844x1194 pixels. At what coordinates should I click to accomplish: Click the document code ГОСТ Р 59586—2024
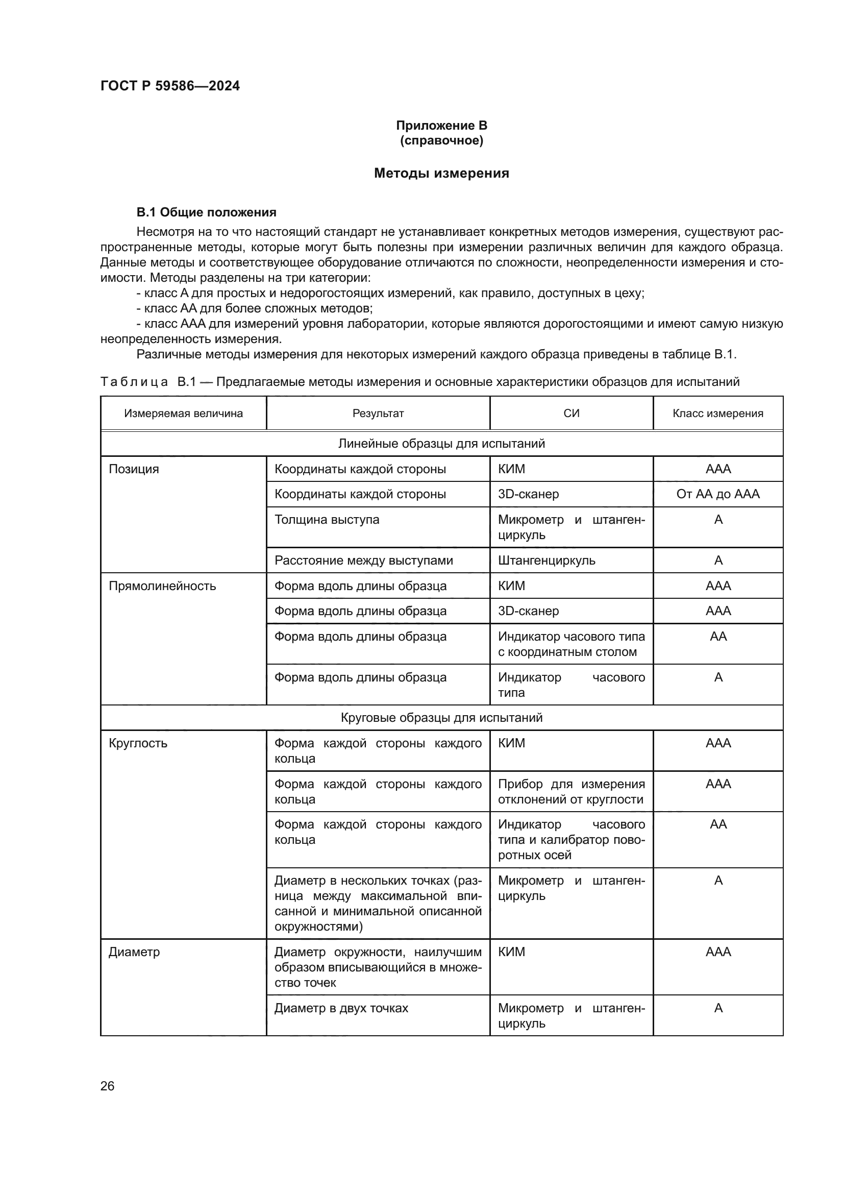[170, 86]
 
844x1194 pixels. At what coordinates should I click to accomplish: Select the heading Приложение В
[441, 126]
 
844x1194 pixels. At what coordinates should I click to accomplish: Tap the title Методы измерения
[441, 173]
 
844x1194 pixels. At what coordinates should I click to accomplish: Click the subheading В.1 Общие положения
[206, 212]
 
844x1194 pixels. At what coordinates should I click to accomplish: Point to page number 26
[107, 1086]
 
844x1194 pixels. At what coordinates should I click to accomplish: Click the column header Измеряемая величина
[184, 413]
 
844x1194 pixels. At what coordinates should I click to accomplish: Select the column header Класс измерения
[718, 413]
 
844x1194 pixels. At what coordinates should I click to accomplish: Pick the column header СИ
[571, 413]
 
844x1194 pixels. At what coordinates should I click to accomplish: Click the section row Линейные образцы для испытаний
[441, 444]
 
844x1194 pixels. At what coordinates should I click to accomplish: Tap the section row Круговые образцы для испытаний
[441, 718]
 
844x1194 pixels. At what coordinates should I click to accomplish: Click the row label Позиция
[134, 469]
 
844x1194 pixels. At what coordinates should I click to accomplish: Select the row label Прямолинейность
[162, 586]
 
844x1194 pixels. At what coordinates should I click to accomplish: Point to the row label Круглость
[138, 743]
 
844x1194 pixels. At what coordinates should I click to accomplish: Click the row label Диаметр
[134, 952]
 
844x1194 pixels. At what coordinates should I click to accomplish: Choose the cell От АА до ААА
[718, 494]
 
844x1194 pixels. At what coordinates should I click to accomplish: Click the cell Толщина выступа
[327, 520]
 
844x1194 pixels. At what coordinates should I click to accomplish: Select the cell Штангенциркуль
[547, 561]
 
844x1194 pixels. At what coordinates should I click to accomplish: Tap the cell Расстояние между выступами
[364, 561]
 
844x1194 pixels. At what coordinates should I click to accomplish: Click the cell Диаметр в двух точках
[341, 1008]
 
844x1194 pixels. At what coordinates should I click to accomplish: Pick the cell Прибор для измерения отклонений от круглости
[570, 792]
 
